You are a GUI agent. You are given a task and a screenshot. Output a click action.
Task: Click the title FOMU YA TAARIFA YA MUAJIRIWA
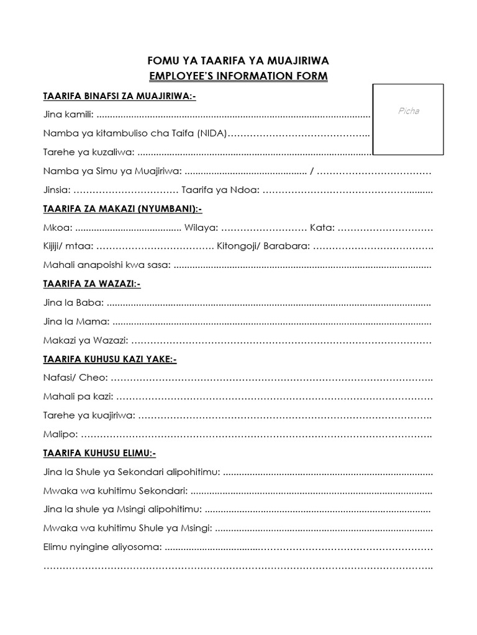pyautogui.click(x=238, y=61)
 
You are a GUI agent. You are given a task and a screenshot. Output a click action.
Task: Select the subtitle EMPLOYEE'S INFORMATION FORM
pyautogui.click(x=238, y=76)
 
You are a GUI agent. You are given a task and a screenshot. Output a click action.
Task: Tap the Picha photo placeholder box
pyautogui.click(x=408, y=118)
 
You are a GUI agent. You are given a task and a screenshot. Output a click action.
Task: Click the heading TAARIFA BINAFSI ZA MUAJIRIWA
pyautogui.click(x=119, y=97)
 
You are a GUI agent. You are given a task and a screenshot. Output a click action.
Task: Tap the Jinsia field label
pyautogui.click(x=57, y=189)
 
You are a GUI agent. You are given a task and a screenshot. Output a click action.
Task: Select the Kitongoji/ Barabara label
pyautogui.click(x=263, y=246)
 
